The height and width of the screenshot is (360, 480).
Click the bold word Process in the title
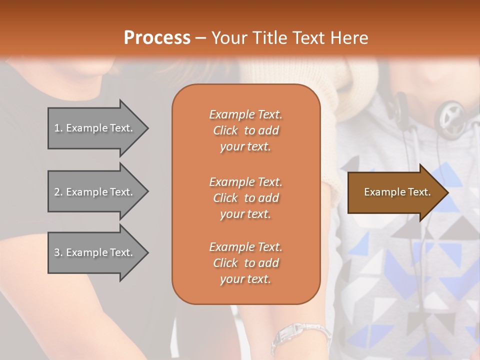157,37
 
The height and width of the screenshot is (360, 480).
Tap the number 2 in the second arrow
57,192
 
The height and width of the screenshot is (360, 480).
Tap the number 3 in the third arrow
57,252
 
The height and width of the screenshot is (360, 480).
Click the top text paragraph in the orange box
245,130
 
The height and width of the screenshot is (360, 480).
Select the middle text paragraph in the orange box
245,198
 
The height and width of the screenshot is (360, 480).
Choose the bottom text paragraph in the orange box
245,263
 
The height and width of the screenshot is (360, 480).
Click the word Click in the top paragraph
225,130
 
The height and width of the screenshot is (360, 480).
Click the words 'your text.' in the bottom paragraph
245,279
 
